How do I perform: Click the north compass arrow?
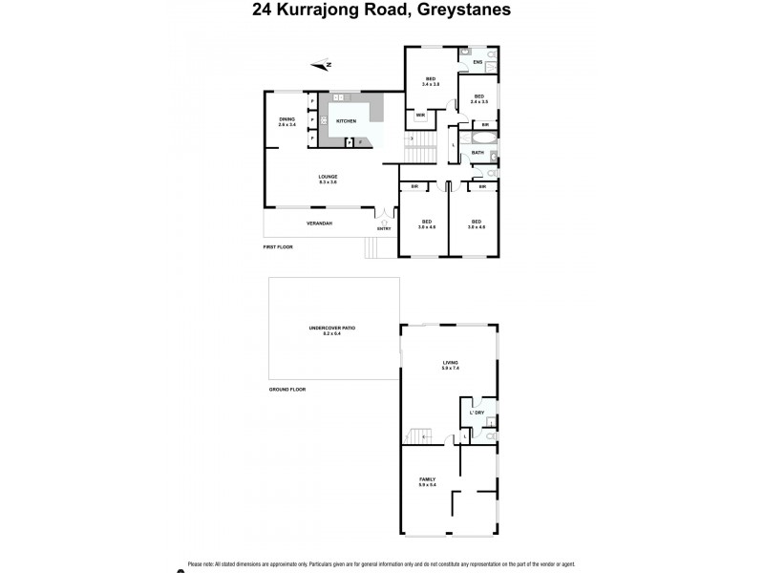[322, 65]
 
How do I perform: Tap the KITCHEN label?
[346, 121]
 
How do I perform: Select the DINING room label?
[287, 119]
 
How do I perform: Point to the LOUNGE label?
[328, 176]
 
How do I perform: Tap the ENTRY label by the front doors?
[384, 228]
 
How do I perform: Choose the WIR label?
[420, 115]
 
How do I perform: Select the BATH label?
[477, 152]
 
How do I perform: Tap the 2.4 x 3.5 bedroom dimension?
[478, 100]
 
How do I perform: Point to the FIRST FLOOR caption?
[278, 246]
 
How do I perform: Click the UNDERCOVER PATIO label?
[331, 328]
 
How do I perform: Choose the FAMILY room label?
[427, 479]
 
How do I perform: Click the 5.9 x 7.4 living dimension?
[450, 368]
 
